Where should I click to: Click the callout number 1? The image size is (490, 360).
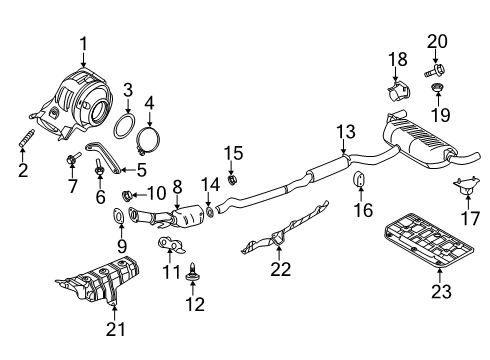(84, 42)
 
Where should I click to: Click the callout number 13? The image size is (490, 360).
(344, 131)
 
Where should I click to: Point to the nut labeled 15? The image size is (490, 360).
(232, 180)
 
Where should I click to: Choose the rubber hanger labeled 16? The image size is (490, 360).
(358, 181)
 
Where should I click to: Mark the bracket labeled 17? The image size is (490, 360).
(464, 186)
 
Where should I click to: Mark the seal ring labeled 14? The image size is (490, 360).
(210, 211)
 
